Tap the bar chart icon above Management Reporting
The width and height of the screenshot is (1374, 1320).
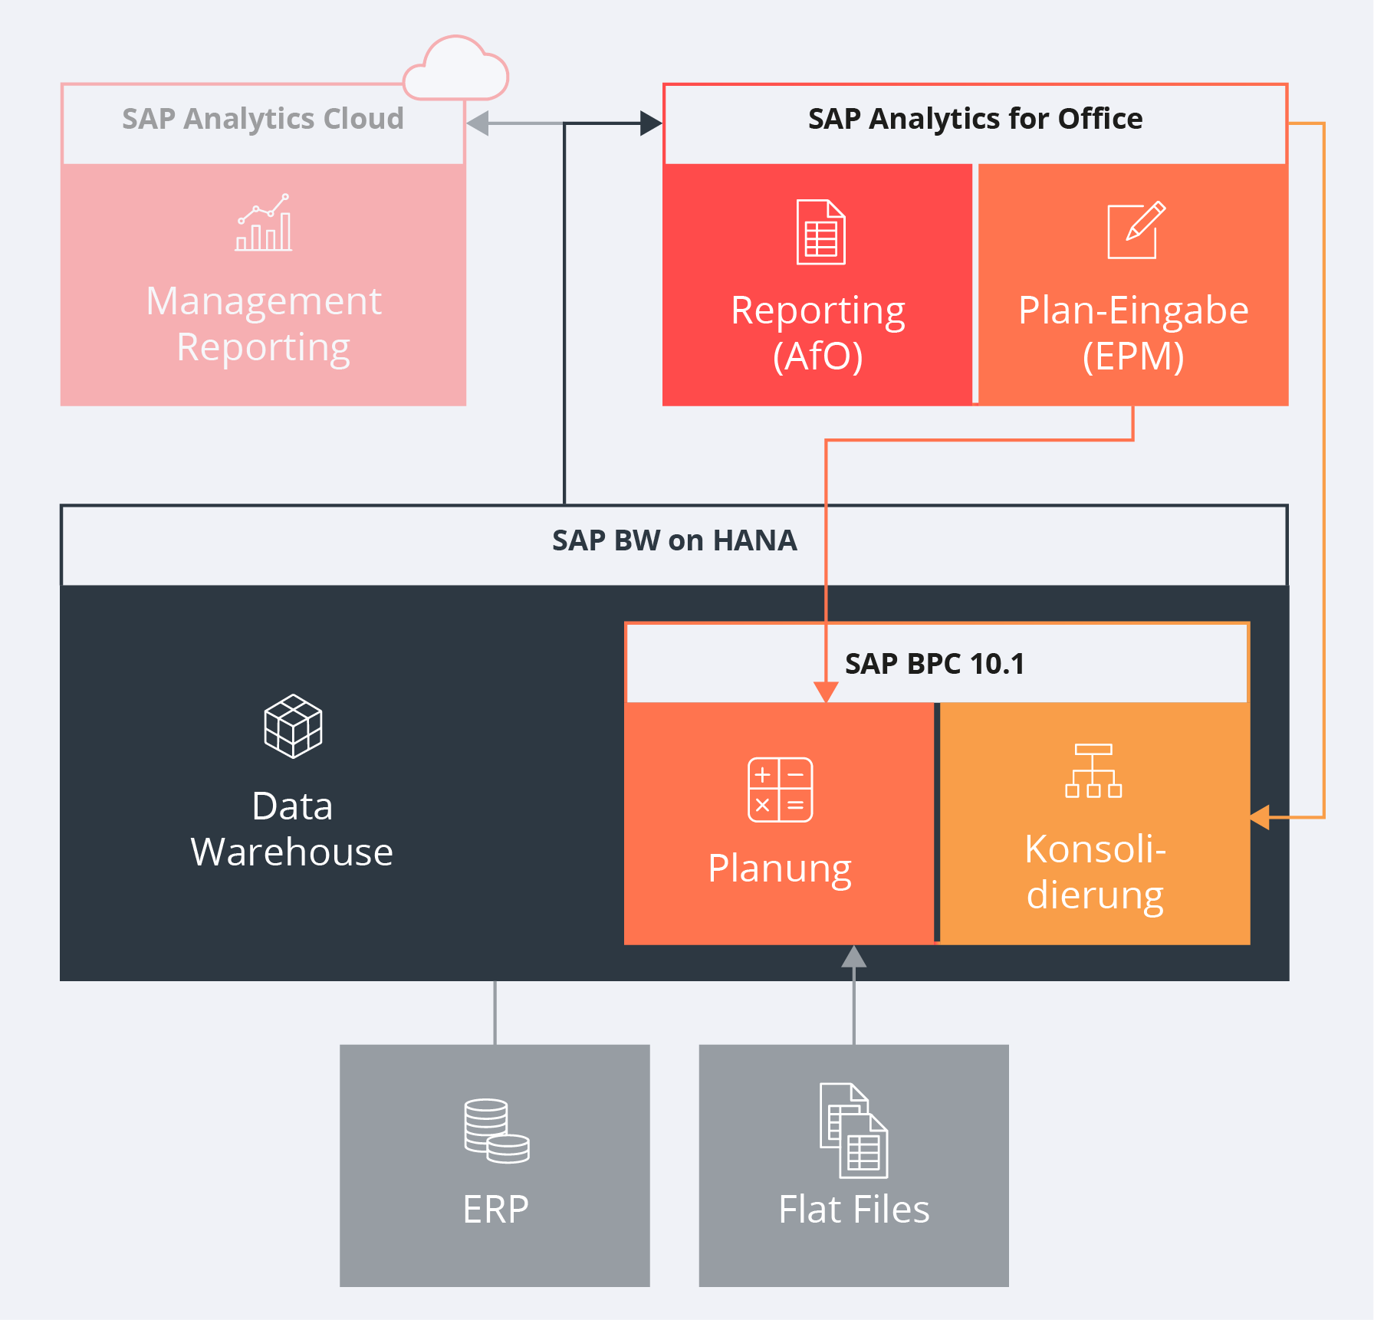click(264, 223)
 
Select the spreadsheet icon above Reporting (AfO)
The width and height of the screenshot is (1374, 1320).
click(820, 232)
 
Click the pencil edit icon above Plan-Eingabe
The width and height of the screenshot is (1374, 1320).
click(1136, 230)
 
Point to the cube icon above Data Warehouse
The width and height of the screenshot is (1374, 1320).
click(293, 726)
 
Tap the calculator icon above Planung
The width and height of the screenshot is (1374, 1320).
click(780, 790)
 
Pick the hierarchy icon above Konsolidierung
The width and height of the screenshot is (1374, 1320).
click(1093, 770)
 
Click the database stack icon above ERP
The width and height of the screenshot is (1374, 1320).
click(496, 1131)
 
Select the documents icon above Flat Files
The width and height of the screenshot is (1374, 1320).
click(853, 1130)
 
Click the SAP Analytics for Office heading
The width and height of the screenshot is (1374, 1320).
click(975, 120)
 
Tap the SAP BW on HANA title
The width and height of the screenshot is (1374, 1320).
click(674, 541)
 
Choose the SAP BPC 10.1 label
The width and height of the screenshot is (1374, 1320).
click(934, 664)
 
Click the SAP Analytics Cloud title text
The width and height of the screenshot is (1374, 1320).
click(262, 120)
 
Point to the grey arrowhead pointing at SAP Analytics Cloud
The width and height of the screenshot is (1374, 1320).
click(478, 123)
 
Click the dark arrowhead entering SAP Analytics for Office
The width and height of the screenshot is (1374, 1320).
click(651, 123)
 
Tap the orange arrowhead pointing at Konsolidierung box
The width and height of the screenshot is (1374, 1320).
click(1260, 817)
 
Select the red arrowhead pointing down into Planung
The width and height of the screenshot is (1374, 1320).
click(826, 691)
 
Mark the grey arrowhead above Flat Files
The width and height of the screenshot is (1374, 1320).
click(853, 957)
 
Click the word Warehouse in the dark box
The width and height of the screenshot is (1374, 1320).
click(291, 852)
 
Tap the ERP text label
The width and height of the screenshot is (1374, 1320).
click(495, 1210)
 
